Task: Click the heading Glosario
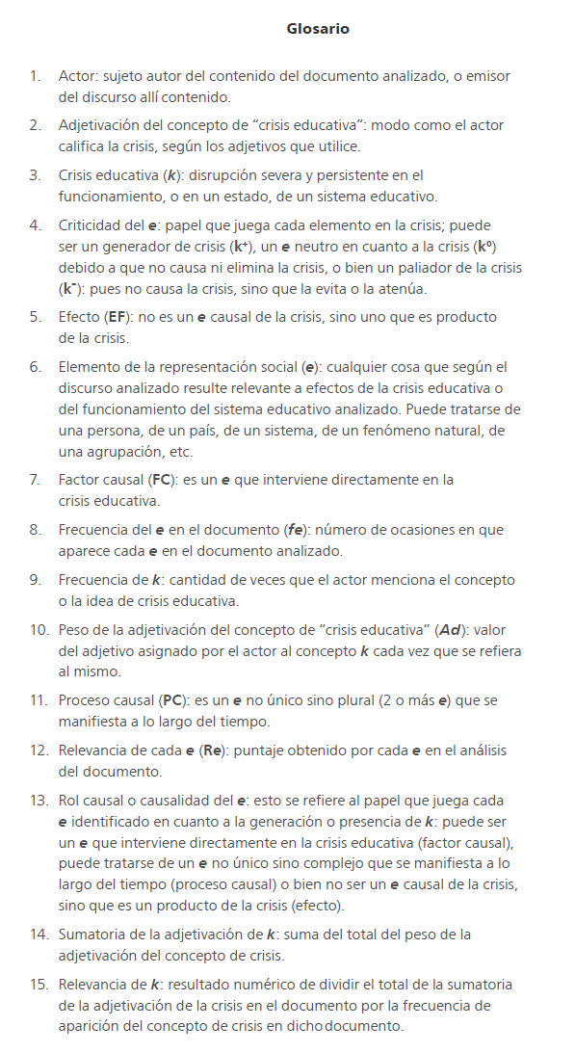(318, 29)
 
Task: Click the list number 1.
(35, 75)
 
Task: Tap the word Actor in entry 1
(77, 75)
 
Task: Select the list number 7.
(35, 479)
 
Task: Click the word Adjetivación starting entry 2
(100, 125)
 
